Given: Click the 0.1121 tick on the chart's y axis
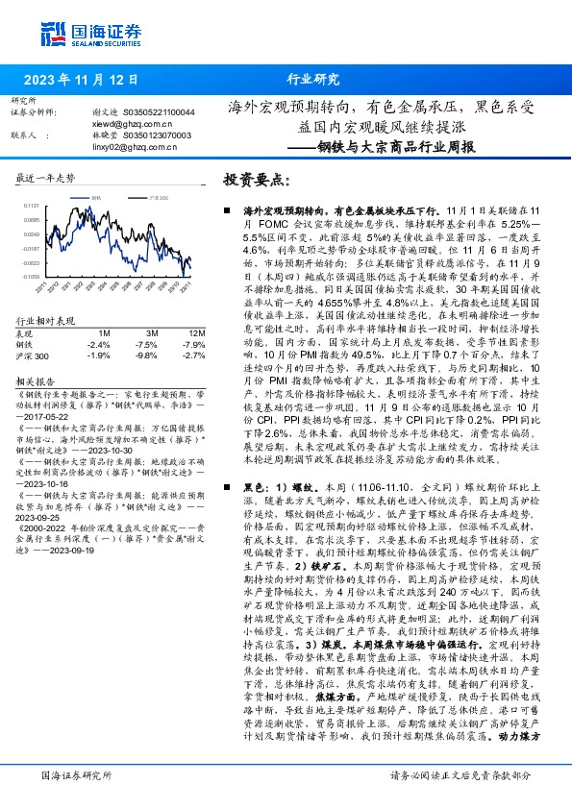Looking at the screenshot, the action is coord(32,206).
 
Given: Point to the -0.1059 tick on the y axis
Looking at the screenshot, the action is coord(32,276).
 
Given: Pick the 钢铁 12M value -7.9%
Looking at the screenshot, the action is coord(192,344).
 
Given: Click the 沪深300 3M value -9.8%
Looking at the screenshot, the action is coord(146,355).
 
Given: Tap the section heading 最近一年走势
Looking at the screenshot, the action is coord(46,179).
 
